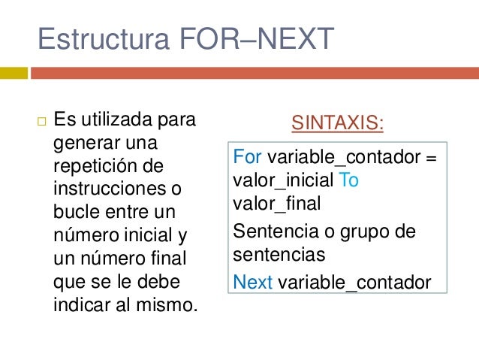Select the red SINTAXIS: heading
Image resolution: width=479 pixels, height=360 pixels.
click(x=336, y=123)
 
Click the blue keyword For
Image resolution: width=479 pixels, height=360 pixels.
click(x=248, y=159)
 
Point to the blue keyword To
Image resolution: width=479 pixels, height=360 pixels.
click(x=349, y=180)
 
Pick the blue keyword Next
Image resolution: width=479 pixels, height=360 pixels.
click(x=253, y=283)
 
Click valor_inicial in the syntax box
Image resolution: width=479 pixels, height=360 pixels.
click(x=284, y=180)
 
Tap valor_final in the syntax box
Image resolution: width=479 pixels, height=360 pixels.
click(x=276, y=202)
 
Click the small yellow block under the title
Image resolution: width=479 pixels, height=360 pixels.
click(x=14, y=73)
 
